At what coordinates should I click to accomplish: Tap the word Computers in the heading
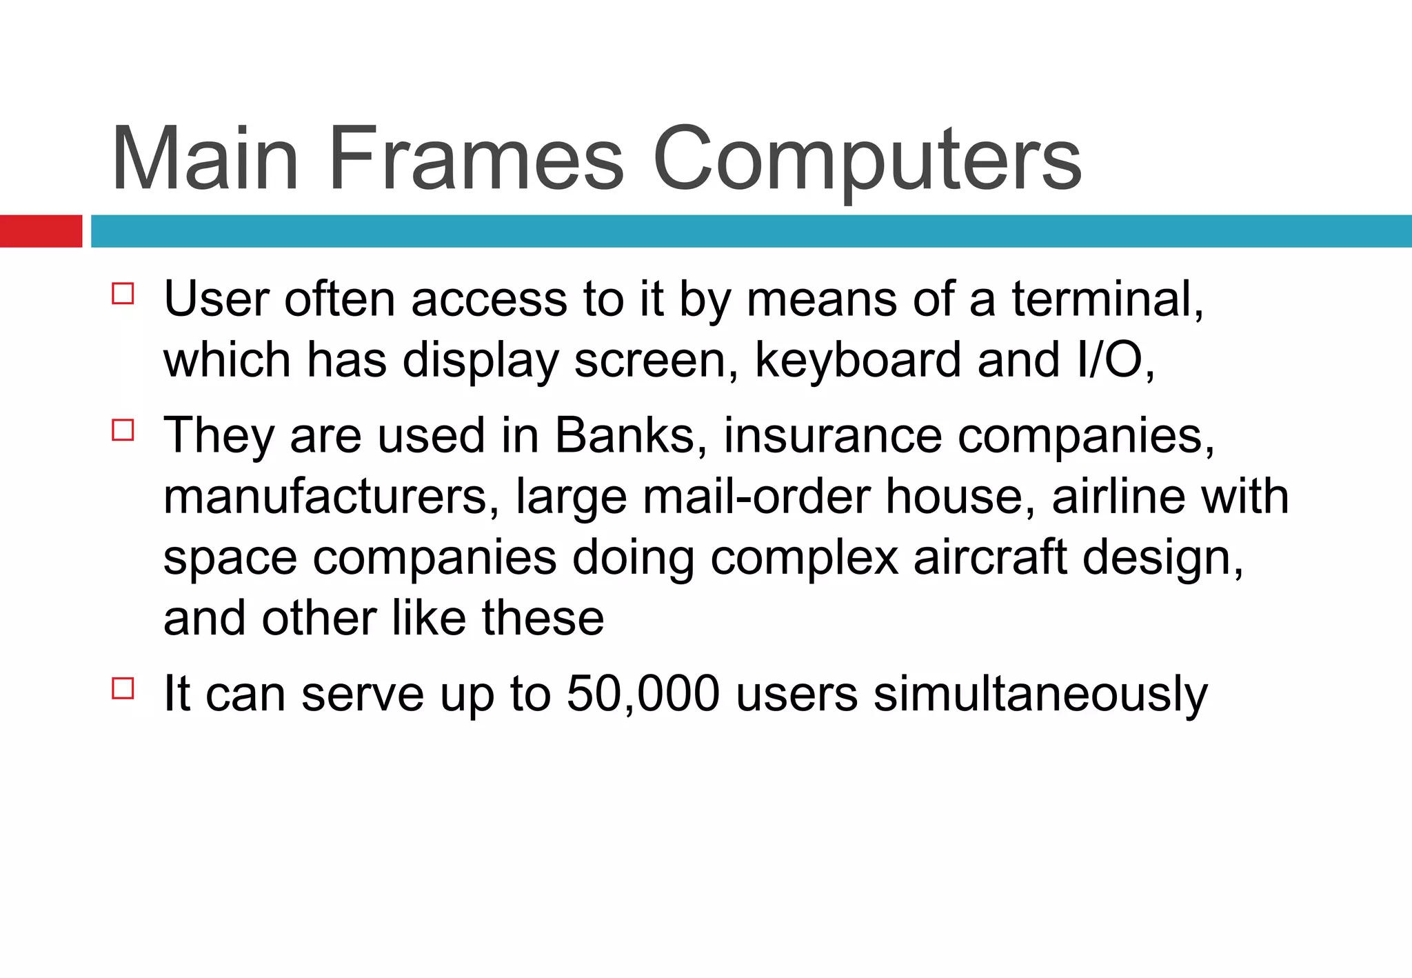(x=867, y=160)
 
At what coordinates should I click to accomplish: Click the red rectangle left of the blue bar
(x=41, y=231)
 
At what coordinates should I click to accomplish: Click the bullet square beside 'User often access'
(x=123, y=294)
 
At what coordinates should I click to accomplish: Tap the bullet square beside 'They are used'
(x=123, y=430)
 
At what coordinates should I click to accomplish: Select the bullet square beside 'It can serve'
(x=123, y=688)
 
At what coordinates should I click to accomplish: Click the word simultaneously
(x=1040, y=695)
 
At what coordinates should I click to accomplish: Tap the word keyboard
(x=858, y=360)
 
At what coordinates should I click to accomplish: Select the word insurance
(x=832, y=436)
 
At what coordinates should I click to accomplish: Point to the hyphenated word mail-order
(x=756, y=497)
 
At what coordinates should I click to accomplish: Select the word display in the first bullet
(x=480, y=361)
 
